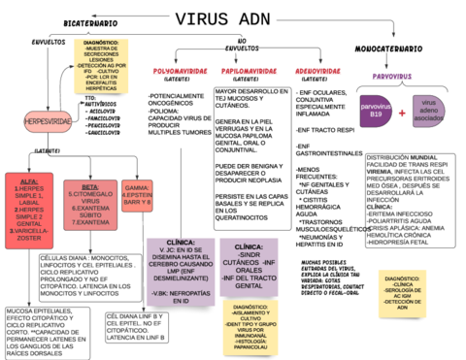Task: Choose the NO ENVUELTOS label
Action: tap(235, 44)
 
